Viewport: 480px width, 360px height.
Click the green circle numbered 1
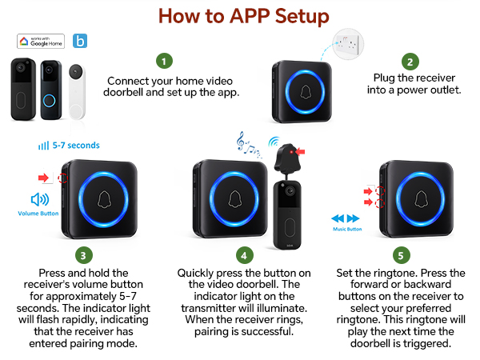click(164, 61)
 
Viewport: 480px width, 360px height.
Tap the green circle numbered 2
click(410, 61)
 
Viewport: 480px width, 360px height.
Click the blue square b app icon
click(80, 41)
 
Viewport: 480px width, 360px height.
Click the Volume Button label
click(38, 214)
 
